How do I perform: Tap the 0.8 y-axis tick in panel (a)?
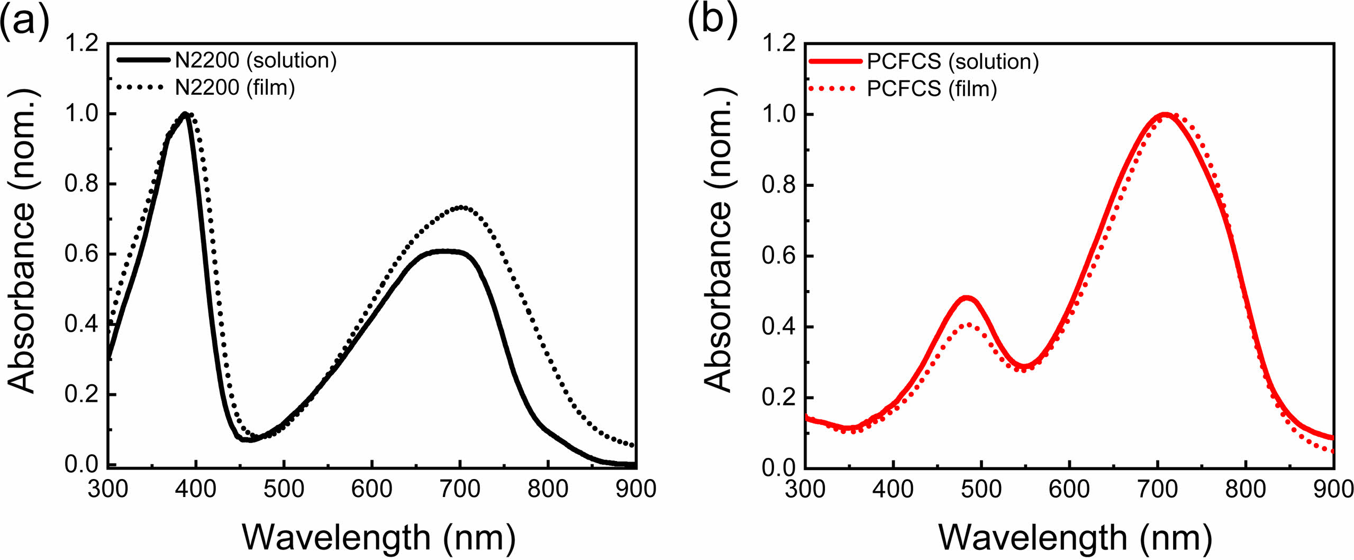coord(81,184)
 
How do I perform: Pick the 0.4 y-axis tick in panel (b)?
coord(778,327)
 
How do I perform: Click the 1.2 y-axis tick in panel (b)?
coord(778,43)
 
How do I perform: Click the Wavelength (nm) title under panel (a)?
coord(378,537)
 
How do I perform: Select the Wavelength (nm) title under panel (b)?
coord(1075,537)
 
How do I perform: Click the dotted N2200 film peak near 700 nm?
coord(461,207)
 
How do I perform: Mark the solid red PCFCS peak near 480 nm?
coord(967,299)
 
